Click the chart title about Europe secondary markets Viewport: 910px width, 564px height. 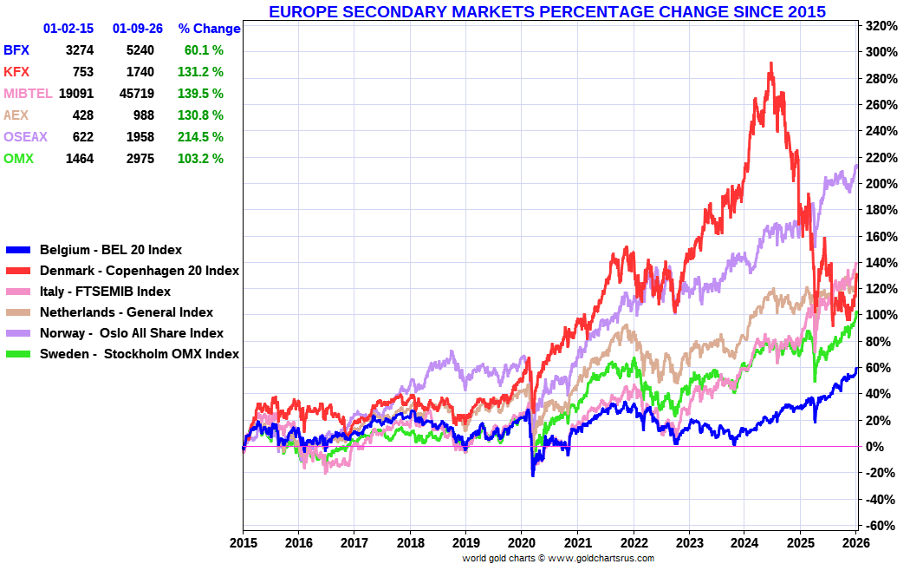[547, 12]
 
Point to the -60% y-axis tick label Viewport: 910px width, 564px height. [877, 526]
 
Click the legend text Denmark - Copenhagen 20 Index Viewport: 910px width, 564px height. [140, 271]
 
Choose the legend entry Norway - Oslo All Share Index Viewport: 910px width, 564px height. [132, 333]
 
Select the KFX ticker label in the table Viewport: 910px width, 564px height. [16, 72]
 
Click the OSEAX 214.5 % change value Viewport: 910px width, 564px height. [204, 137]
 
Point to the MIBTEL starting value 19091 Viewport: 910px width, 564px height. [75, 94]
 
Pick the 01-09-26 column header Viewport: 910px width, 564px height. [137, 29]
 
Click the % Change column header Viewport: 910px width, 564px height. [209, 29]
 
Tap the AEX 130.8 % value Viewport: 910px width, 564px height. [204, 115]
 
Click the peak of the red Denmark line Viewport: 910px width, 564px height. [771, 63]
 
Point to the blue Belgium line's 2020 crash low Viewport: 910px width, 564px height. [532, 475]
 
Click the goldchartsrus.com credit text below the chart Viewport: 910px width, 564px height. [558, 558]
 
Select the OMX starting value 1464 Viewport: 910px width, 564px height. [79, 159]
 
